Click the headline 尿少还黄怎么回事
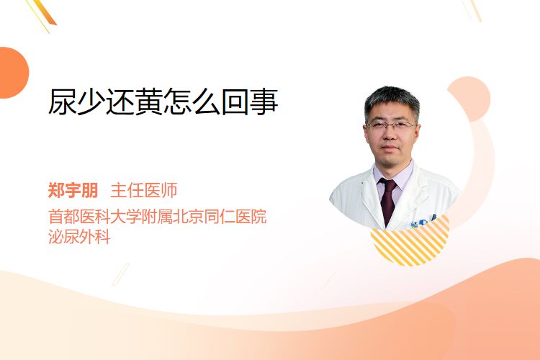(163, 102)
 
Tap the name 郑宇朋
(73, 190)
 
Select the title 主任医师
(143, 190)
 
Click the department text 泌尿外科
(79, 237)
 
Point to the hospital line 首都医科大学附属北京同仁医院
(158, 216)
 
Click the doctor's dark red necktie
(388, 200)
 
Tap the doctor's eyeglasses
(391, 126)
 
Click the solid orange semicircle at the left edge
(13, 73)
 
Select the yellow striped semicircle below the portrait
(410, 241)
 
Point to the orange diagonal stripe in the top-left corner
(44, 13)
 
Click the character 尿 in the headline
(62, 102)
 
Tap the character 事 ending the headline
(264, 102)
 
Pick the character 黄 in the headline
(149, 102)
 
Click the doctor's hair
(392, 101)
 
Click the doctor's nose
(390, 135)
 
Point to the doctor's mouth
(390, 148)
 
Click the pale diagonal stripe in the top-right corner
(472, 10)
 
